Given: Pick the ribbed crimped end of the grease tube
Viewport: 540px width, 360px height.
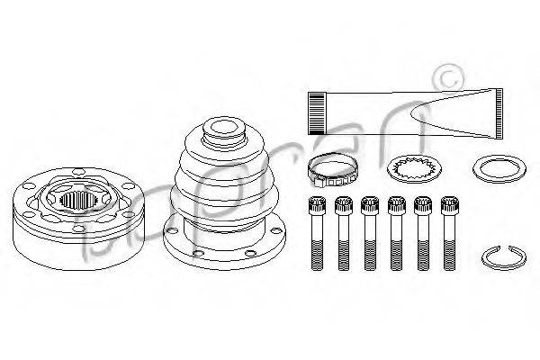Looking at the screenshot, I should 317,112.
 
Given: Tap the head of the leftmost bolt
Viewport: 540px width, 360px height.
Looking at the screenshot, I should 315,205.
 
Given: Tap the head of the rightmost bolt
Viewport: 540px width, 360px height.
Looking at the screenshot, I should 449,205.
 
